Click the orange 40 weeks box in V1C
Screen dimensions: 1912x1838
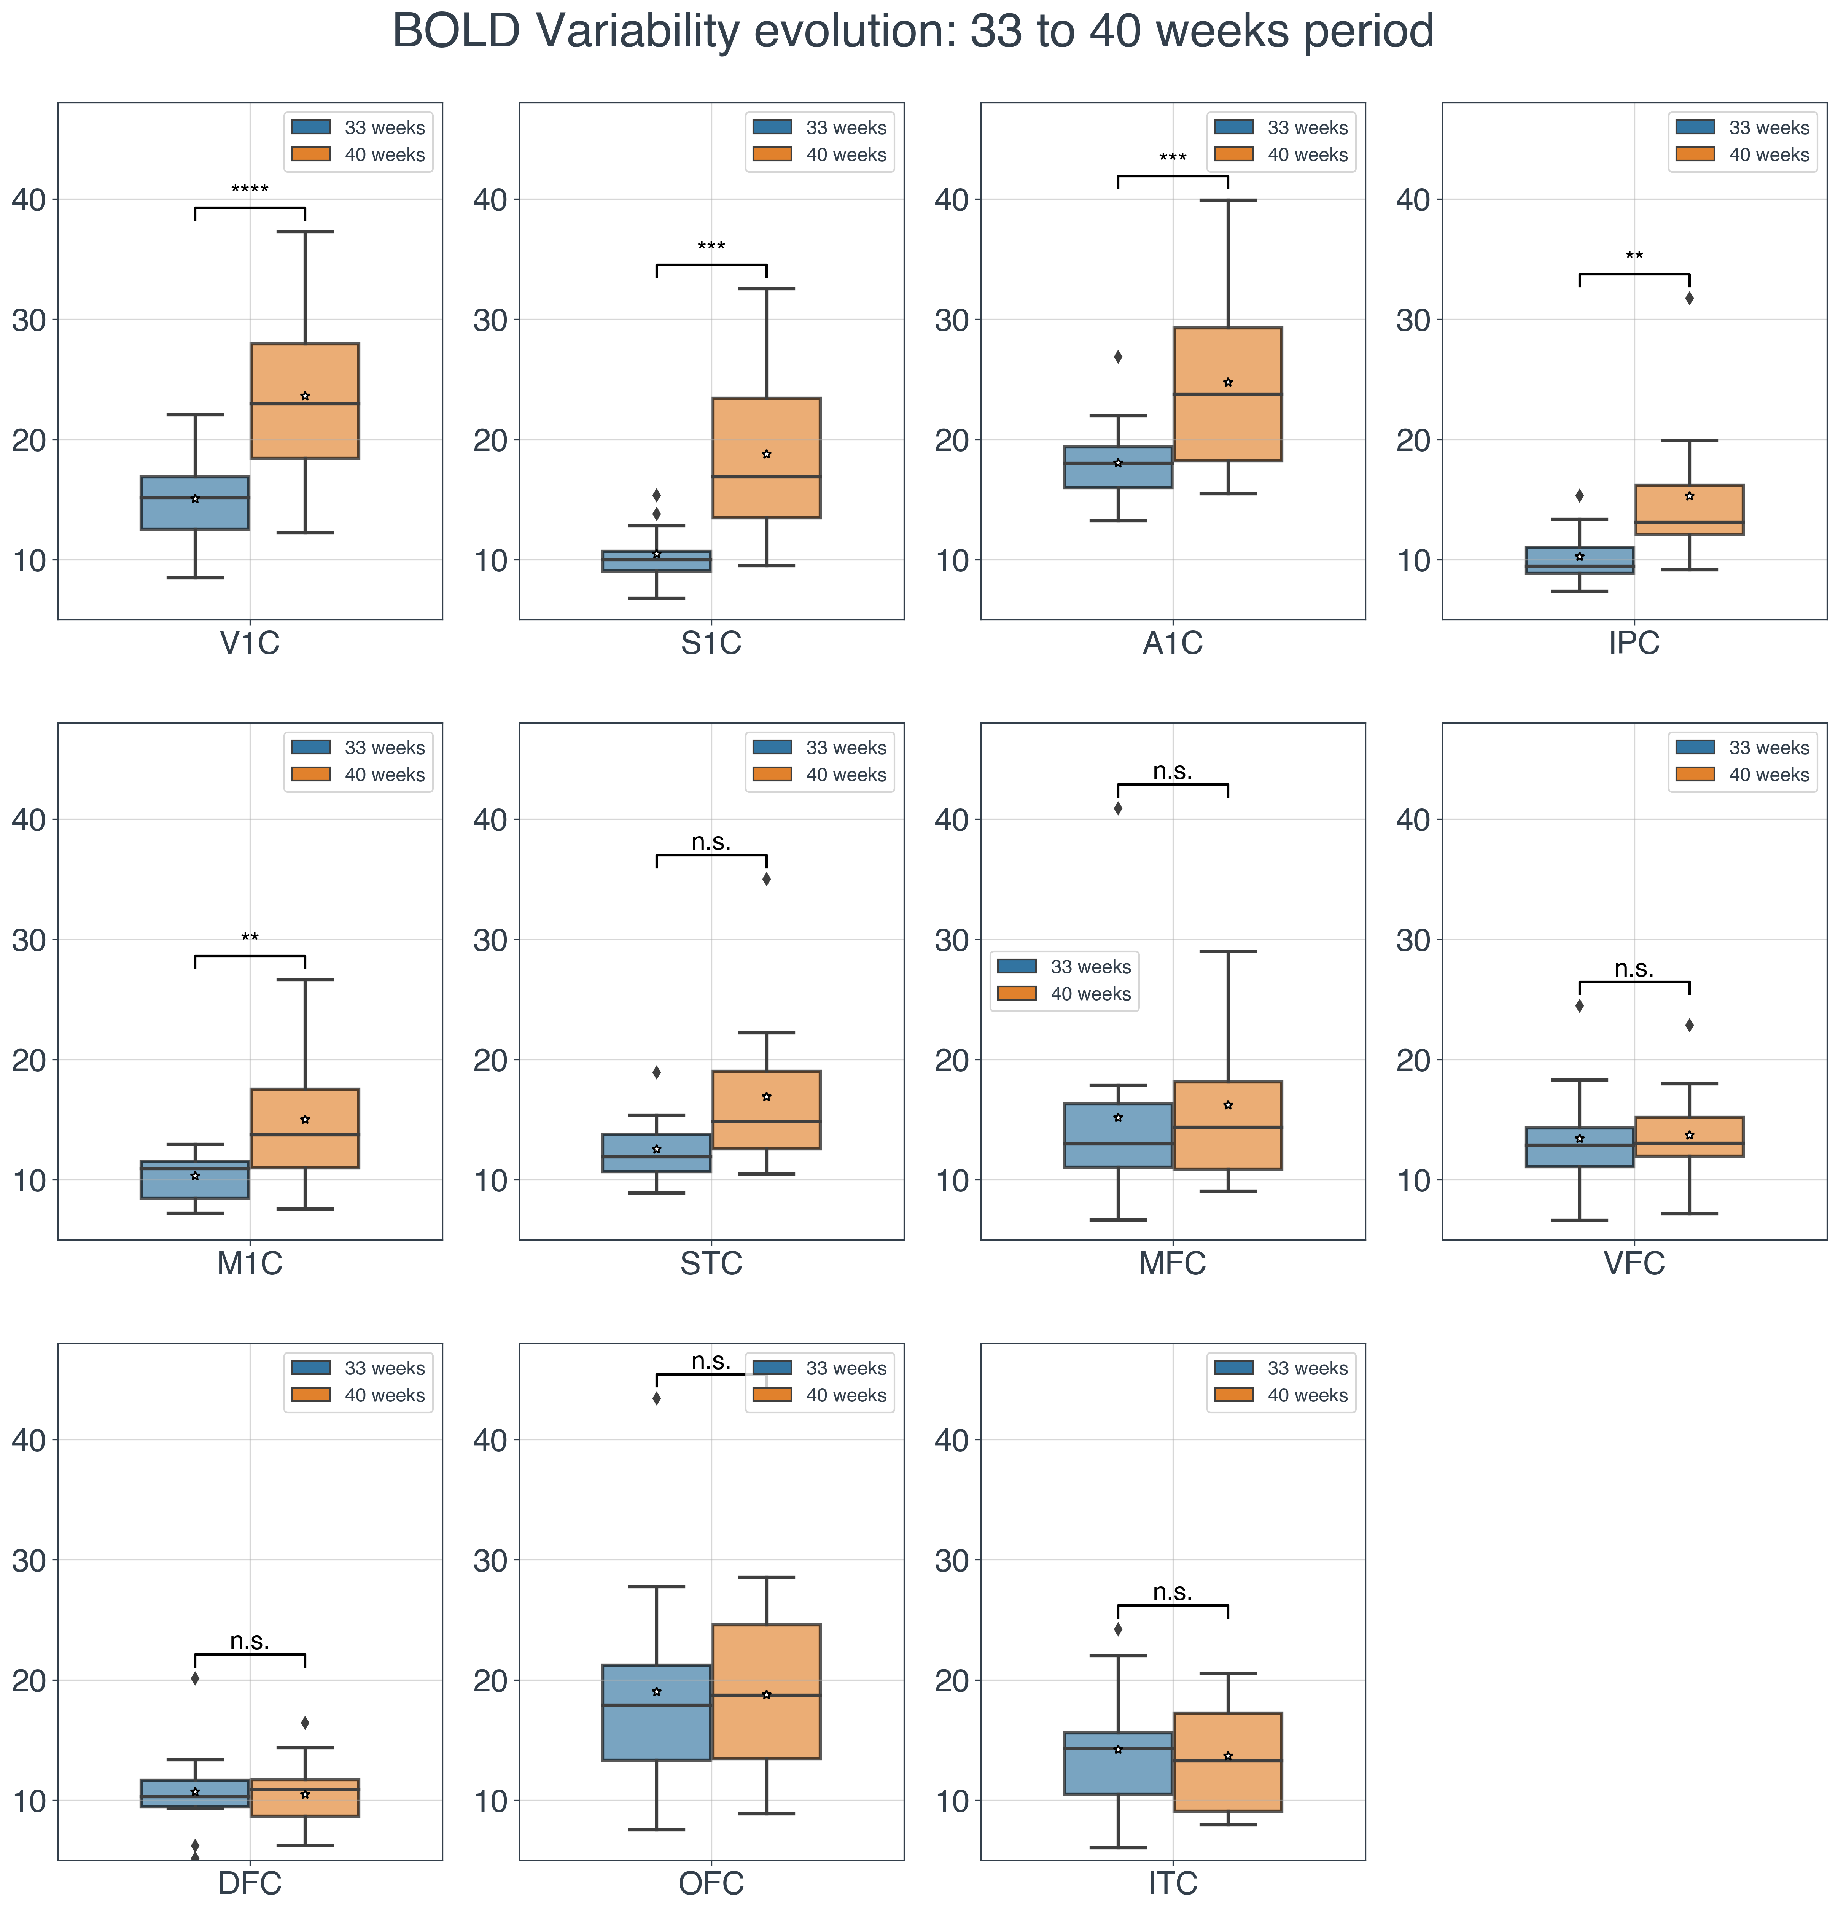click(304, 400)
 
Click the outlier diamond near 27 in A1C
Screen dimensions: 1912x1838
click(1117, 357)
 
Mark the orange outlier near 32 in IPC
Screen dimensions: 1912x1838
click(1689, 299)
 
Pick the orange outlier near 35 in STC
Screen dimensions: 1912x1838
click(766, 879)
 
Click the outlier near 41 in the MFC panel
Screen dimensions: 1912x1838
click(1117, 808)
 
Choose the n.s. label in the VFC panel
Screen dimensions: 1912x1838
click(1633, 969)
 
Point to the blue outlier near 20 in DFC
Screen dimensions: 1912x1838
click(195, 1678)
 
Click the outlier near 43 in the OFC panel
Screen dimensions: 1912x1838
click(656, 1398)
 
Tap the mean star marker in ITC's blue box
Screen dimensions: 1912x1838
click(1117, 1749)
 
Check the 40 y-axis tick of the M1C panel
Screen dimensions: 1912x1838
click(29, 819)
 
